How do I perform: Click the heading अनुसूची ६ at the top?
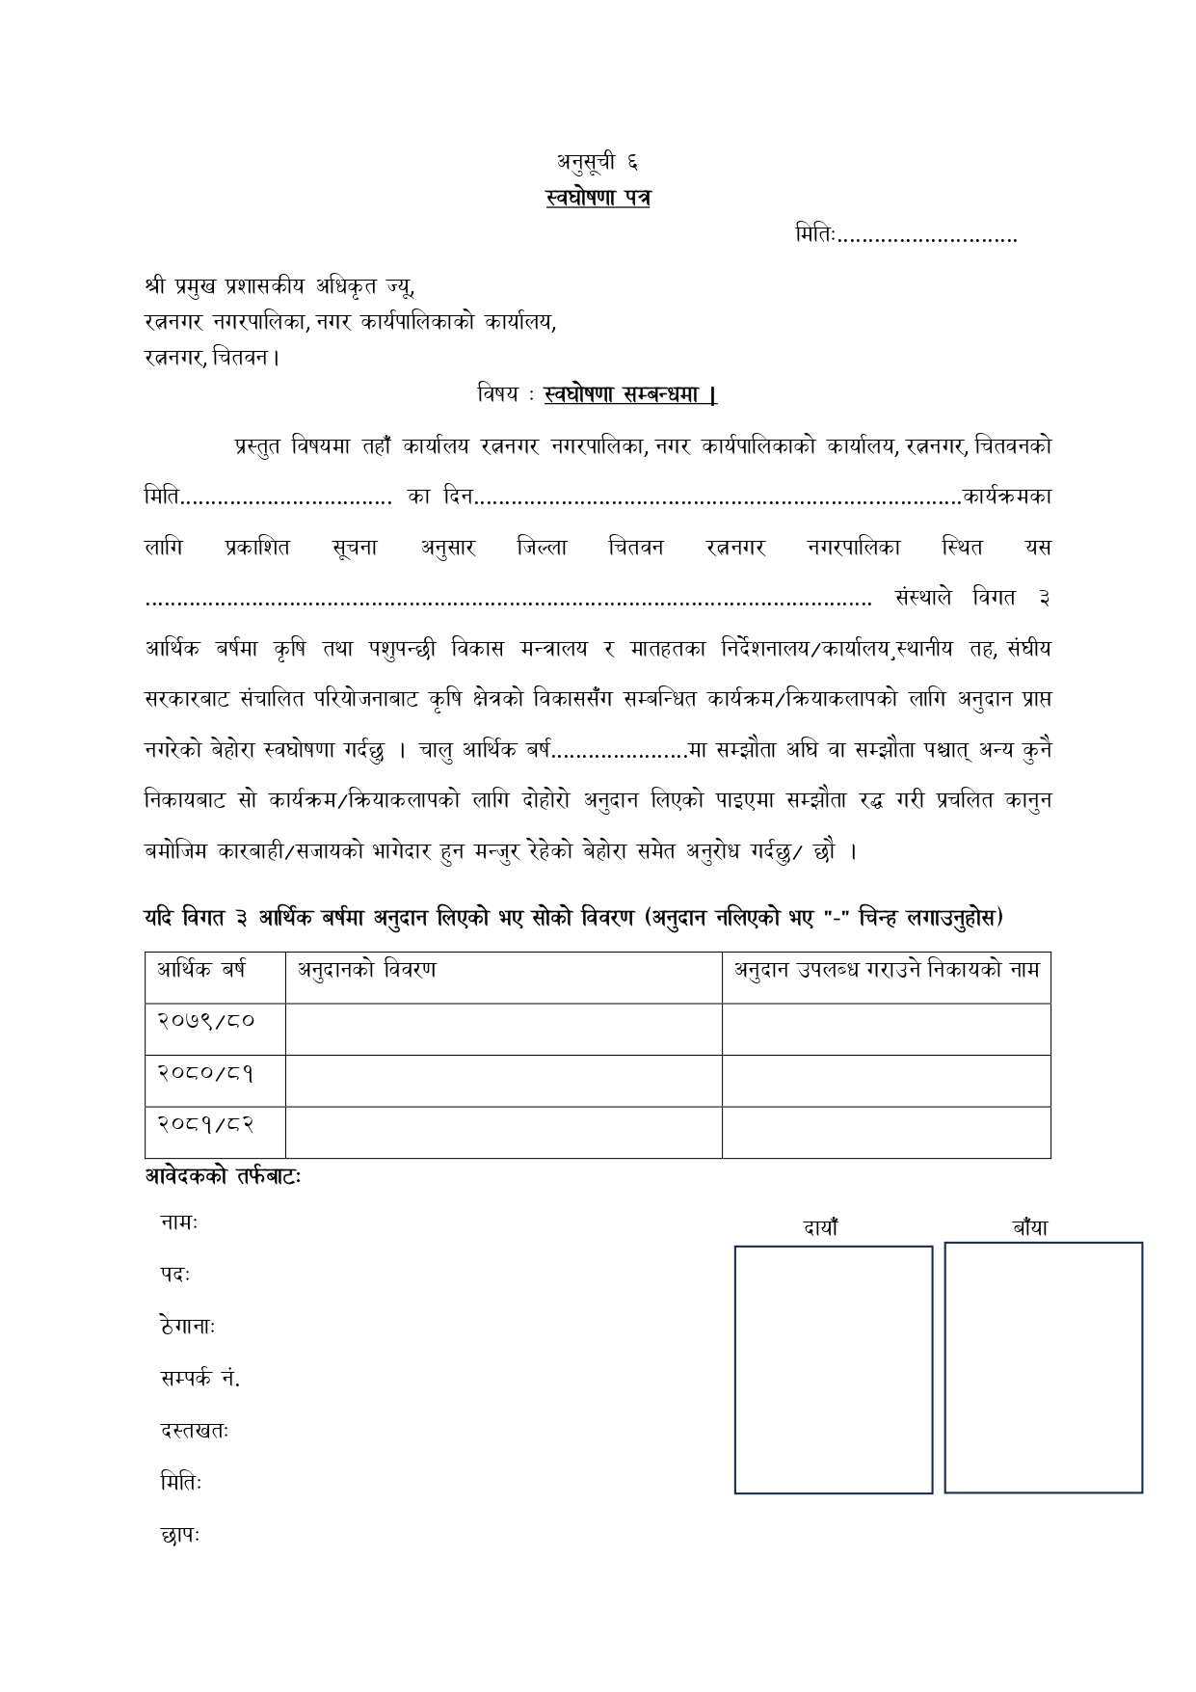597,161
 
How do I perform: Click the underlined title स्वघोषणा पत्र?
598,198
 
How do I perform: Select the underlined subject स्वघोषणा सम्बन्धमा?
630,394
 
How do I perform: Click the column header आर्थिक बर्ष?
201,970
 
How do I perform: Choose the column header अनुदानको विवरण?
366,970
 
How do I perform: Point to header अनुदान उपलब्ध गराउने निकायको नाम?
887,970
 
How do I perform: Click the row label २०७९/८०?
206,1019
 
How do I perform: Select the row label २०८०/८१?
206,1071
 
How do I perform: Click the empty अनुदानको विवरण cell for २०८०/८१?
503,1080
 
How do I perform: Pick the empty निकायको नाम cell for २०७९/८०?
886,1028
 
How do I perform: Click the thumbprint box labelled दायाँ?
834,1369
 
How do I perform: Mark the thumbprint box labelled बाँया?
1043,1367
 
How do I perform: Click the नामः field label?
179,1223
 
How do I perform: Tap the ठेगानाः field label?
188,1327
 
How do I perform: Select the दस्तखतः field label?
195,1431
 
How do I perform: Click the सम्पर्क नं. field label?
200,1379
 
